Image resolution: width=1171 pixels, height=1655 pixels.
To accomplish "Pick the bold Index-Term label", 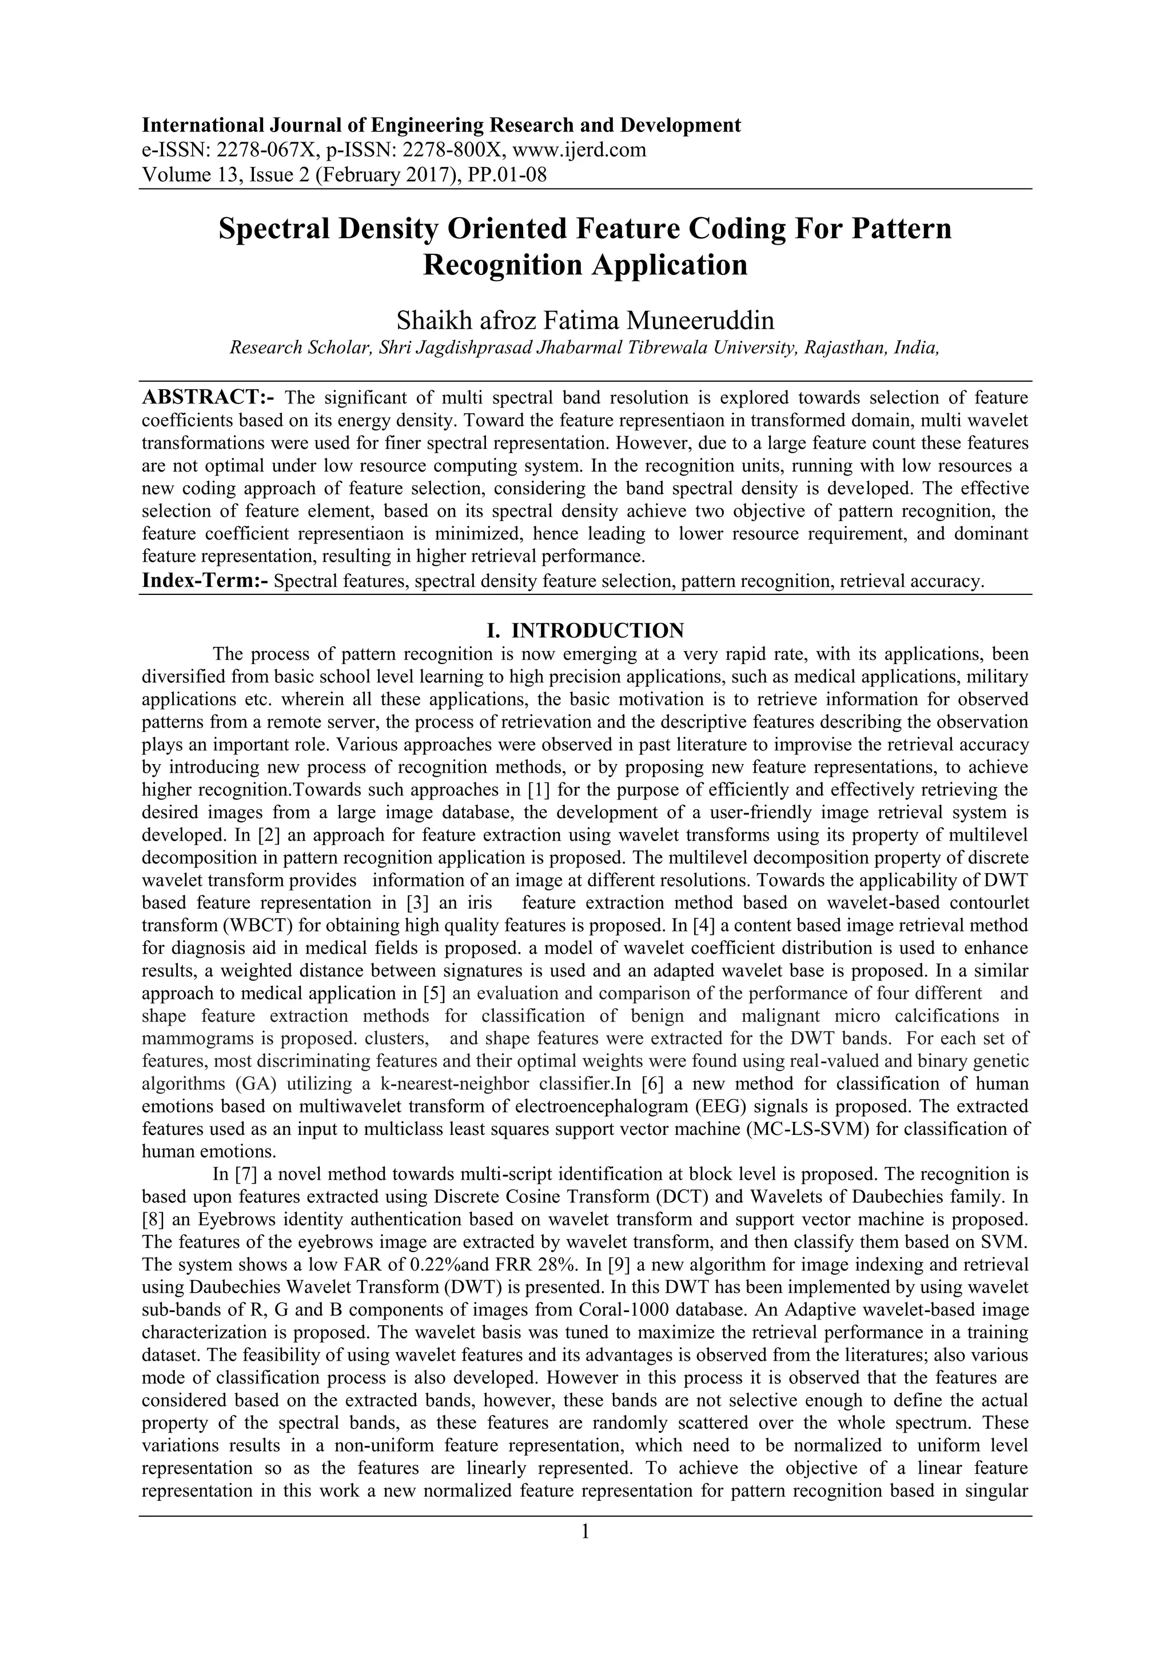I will pos(205,581).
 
